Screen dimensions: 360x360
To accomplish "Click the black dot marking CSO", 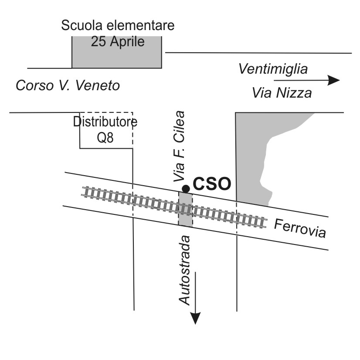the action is (x=186, y=189).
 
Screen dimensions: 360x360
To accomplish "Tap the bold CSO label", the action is (x=212, y=183).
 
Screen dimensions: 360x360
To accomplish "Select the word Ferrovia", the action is (x=300, y=228).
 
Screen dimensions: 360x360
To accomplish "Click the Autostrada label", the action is (x=184, y=271).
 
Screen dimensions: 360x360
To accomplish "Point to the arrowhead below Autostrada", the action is (x=195, y=318).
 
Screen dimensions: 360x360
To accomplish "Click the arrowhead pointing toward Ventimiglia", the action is (x=333, y=80).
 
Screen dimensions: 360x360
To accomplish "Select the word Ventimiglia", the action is (x=273, y=69).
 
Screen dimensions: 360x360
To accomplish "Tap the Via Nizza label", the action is (x=282, y=93).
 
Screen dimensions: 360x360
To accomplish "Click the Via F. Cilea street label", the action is (x=179, y=146).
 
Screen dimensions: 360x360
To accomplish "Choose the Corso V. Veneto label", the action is (x=68, y=85).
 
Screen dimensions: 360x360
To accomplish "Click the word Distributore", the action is (x=105, y=122).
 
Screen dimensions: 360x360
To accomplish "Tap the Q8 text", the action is (x=105, y=138).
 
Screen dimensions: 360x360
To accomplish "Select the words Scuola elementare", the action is (x=118, y=25).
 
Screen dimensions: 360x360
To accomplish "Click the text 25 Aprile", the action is (x=118, y=41).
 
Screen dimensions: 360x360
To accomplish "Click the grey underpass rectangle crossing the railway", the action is (x=185, y=209).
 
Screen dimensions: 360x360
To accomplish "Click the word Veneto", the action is (x=98, y=85).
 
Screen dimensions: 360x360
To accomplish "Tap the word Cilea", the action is (x=179, y=127).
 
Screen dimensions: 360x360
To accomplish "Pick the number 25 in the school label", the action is (x=98, y=41).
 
